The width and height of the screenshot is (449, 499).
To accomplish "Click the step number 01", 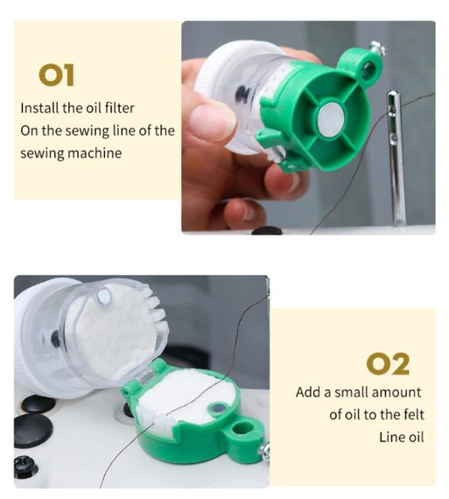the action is [56, 75].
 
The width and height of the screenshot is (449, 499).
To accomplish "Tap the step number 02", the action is [388, 364].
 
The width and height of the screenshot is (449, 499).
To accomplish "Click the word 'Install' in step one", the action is [40, 109].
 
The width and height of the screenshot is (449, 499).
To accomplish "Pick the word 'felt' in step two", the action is [412, 415].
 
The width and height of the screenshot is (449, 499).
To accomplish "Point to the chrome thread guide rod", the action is [396, 158].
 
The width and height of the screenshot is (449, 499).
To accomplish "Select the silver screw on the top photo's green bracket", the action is [378, 48].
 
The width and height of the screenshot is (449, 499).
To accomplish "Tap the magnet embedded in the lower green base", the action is [218, 408].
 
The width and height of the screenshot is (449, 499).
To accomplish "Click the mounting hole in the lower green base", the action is [242, 428].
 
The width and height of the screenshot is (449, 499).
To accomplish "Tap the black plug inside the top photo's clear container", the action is [242, 95].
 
